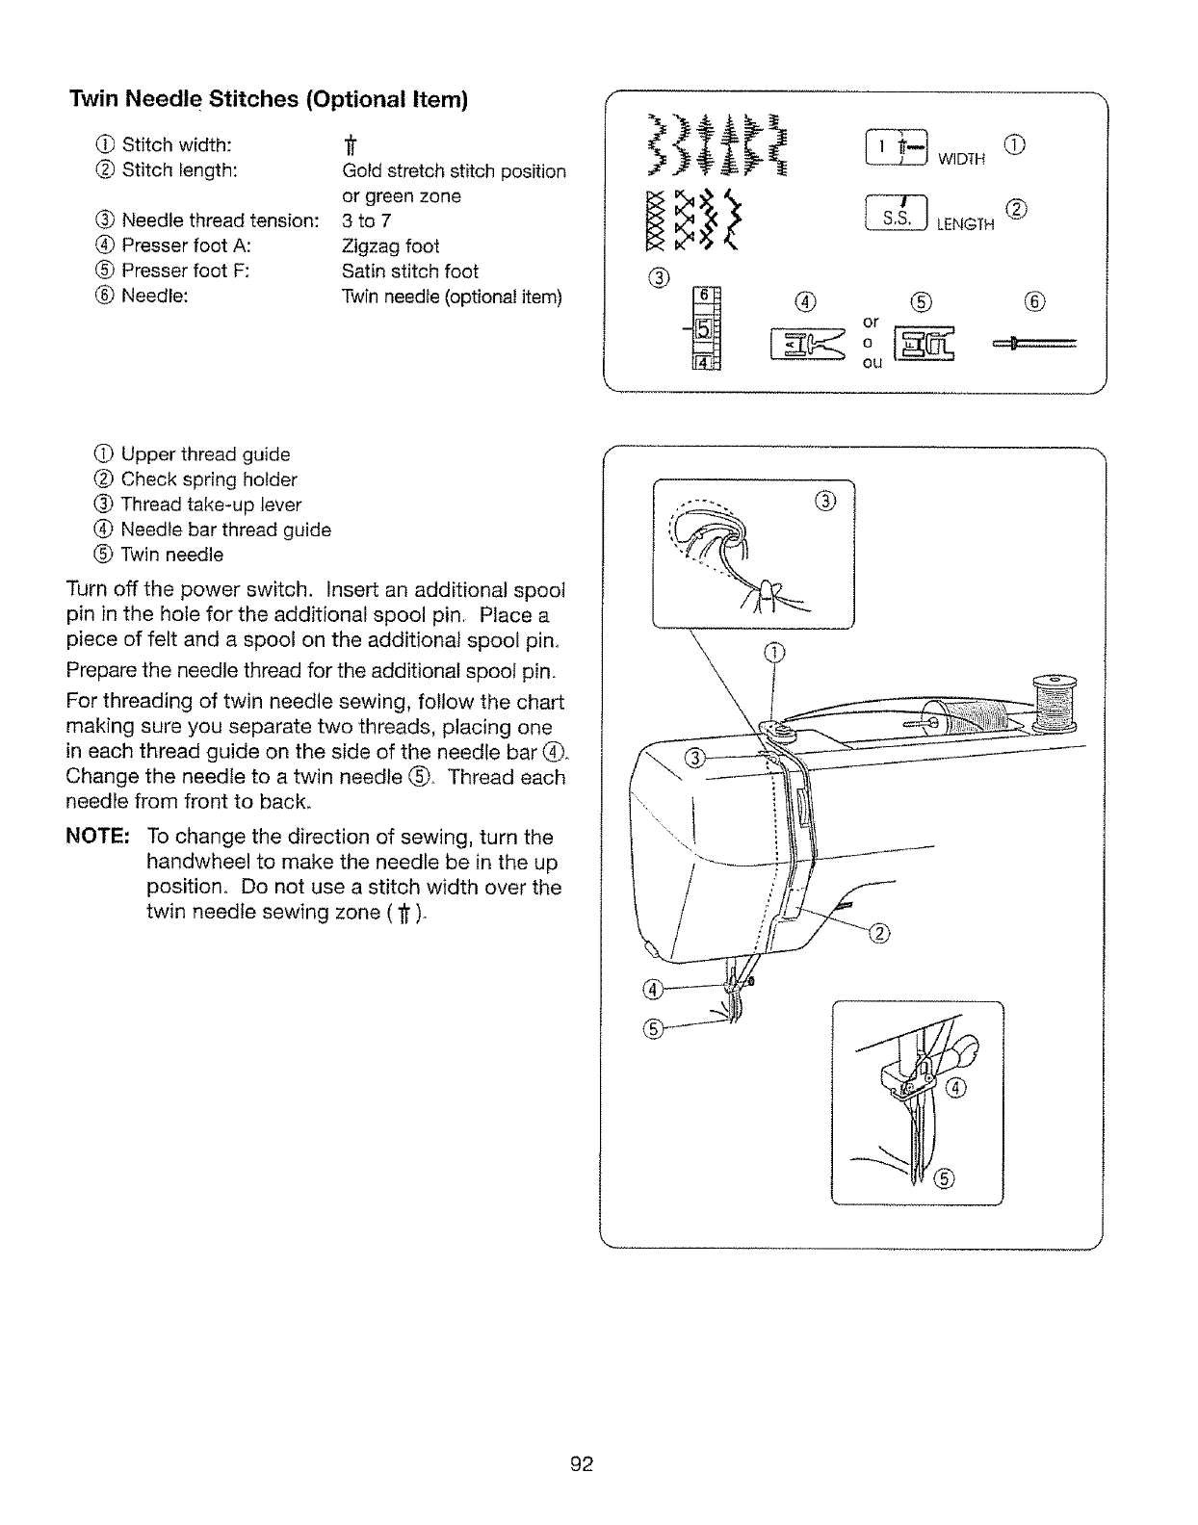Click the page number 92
point(583,1464)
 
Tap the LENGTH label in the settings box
point(965,224)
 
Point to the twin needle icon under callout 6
point(1031,343)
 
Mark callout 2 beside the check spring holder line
point(880,932)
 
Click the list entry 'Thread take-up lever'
point(211,504)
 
